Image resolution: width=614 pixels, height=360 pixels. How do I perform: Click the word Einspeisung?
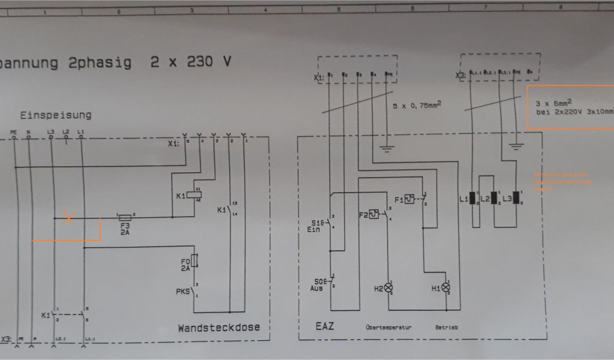[x=56, y=115]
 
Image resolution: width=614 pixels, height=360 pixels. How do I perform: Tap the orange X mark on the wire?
[x=69, y=218]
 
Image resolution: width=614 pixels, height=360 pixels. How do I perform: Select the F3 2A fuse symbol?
[x=125, y=217]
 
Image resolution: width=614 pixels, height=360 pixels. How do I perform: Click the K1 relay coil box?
[x=195, y=194]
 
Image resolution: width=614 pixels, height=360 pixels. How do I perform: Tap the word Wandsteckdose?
[x=218, y=328]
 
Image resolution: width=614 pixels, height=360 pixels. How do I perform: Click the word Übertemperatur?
[x=388, y=328]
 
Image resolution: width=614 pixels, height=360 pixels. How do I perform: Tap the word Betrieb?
[x=447, y=328]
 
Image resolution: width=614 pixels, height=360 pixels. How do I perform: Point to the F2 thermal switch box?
[x=374, y=214]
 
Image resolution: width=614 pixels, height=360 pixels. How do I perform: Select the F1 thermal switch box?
[x=410, y=199]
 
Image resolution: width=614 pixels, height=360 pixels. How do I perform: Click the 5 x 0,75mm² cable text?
[x=417, y=105]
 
